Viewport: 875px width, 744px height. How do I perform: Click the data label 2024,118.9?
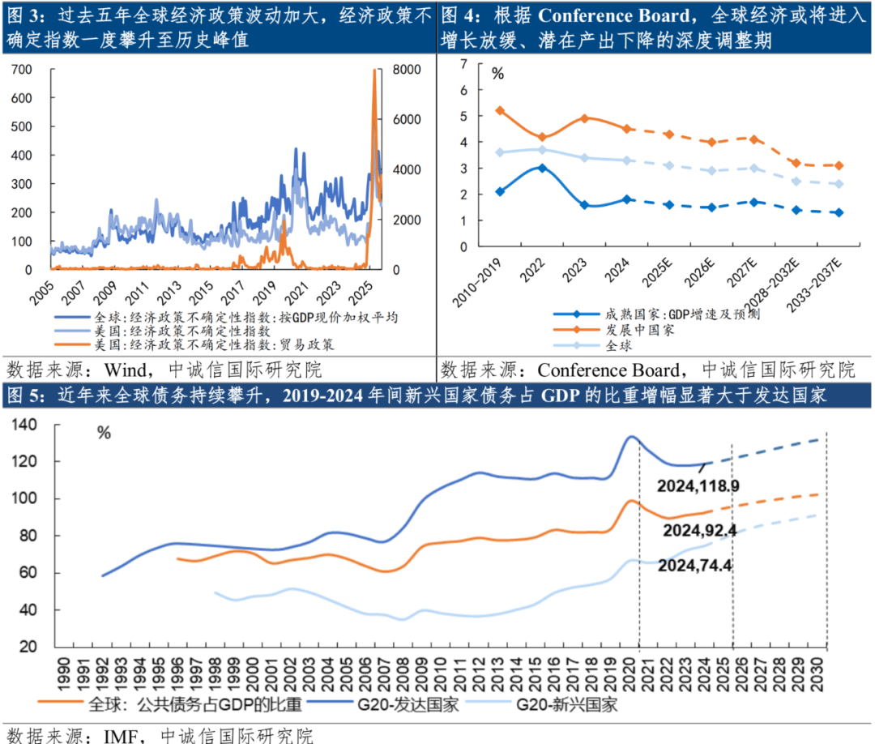pyautogui.click(x=699, y=486)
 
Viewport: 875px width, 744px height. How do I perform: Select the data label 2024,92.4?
pyautogui.click(x=699, y=531)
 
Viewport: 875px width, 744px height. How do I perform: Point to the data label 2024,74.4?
pyautogui.click(x=696, y=565)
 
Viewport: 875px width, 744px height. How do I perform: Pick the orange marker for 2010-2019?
pyautogui.click(x=500, y=110)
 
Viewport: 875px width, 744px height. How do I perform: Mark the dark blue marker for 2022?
pyautogui.click(x=542, y=168)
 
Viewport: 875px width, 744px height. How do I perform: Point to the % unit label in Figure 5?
pyautogui.click(x=104, y=433)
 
